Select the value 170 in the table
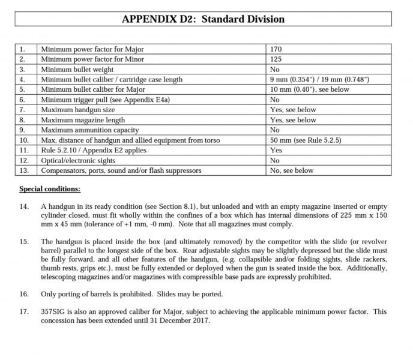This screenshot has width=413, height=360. [x=276, y=49]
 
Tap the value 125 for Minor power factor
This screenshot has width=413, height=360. [x=276, y=59]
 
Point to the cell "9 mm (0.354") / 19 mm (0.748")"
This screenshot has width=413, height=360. [x=319, y=80]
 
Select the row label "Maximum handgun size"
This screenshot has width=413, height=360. [x=77, y=110]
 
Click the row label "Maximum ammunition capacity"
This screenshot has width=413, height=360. [x=89, y=130]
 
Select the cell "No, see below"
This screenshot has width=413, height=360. [x=292, y=171]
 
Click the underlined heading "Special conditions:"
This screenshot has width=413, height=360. [x=50, y=189]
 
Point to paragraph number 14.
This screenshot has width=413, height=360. [x=24, y=206]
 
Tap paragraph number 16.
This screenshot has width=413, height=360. [x=24, y=294]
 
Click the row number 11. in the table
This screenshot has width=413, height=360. [x=23, y=151]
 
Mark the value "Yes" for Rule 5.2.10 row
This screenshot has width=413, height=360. [x=276, y=151]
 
